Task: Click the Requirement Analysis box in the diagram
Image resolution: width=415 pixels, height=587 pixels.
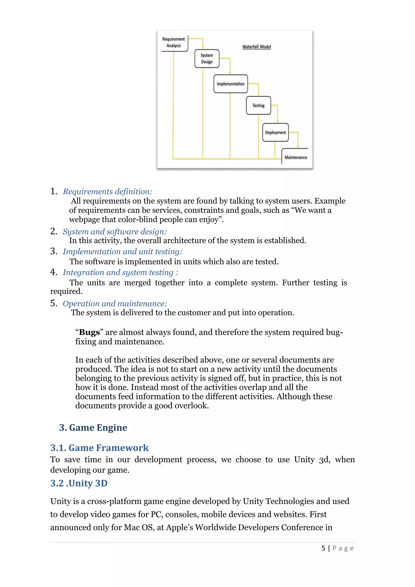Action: coord(174,43)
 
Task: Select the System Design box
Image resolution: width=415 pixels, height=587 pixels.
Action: coord(207,59)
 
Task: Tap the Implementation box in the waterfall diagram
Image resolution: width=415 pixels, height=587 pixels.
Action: coord(230,84)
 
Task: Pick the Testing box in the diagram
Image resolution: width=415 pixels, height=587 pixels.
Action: coord(258,105)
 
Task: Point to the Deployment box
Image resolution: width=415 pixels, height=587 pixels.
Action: coord(275,132)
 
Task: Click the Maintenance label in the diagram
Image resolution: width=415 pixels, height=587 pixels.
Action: coord(296,157)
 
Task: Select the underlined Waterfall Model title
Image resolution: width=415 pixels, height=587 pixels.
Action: coord(257,47)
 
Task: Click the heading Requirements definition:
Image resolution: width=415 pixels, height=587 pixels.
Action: coord(107,191)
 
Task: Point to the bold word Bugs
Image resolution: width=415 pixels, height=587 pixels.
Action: coord(89,332)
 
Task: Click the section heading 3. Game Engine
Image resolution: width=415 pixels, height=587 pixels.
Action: coord(93,428)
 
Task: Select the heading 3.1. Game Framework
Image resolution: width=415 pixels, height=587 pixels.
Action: coord(99,448)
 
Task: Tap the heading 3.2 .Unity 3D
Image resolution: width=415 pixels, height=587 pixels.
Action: coord(79,483)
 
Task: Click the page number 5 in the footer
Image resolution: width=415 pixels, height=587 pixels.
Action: coord(323,548)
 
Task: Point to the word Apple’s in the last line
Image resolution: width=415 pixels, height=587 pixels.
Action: coord(179,527)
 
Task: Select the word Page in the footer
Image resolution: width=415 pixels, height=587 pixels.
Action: coord(343,548)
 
